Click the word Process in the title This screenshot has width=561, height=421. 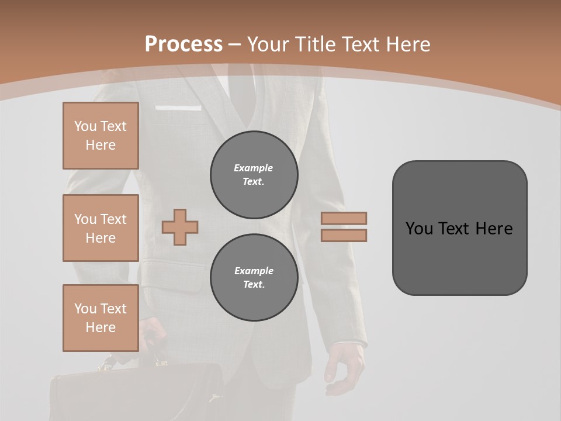183,44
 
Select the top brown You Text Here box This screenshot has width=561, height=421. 101,136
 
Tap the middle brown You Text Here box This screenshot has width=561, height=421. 101,228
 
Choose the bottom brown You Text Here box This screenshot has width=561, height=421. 101,318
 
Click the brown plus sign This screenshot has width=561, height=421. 180,227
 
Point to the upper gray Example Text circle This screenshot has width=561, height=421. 254,174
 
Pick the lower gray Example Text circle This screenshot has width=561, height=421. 254,277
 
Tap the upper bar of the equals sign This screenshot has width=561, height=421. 344,218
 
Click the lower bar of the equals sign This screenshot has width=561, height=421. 344,235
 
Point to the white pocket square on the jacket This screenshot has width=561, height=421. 178,108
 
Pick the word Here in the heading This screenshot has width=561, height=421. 407,44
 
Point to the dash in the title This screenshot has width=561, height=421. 234,44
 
